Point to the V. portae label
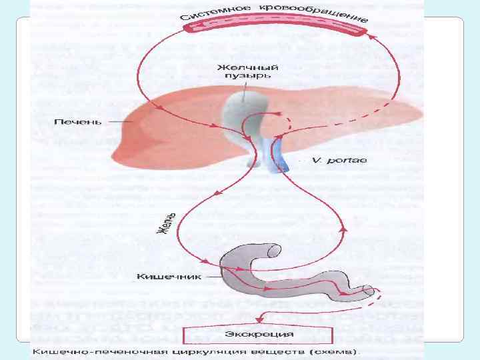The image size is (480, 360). (334, 161)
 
